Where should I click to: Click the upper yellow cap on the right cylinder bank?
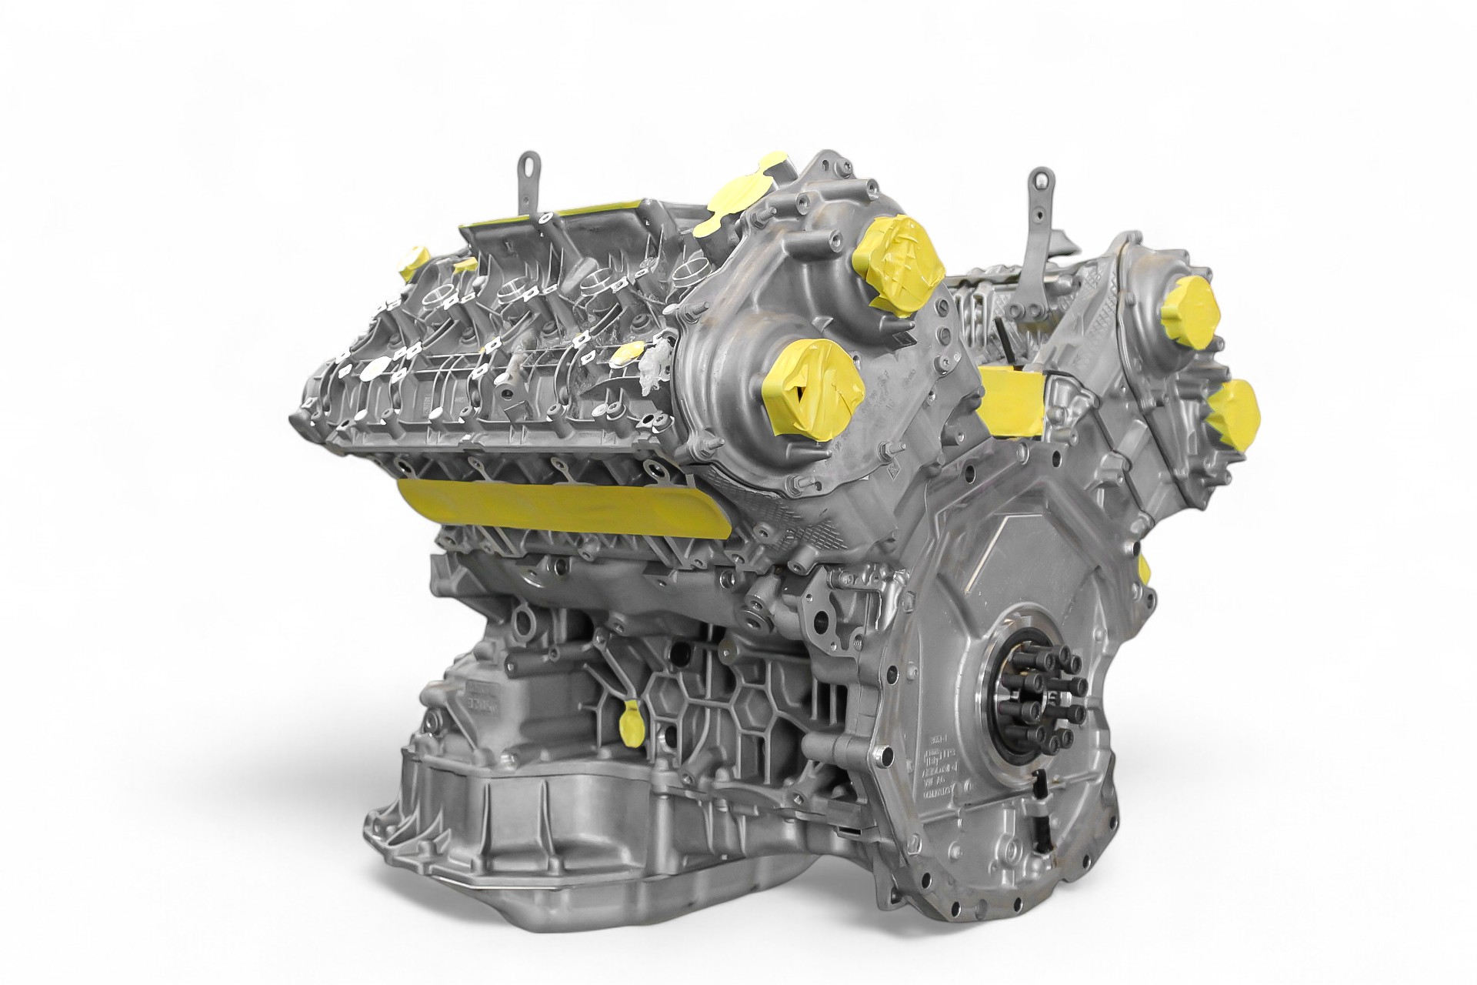[x=1192, y=309]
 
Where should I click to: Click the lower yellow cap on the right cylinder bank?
[x=1232, y=409]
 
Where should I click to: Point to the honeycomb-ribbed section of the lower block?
[x=731, y=693]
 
